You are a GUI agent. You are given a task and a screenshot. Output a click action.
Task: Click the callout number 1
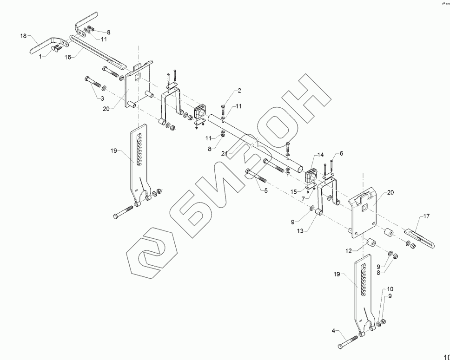[x=40, y=56]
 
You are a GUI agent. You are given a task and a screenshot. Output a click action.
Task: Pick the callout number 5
[x=265, y=190]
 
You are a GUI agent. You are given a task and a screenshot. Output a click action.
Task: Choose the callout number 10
[x=390, y=288]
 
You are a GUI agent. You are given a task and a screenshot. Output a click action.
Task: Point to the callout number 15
[x=294, y=191]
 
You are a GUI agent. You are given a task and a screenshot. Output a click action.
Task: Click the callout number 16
[x=68, y=57]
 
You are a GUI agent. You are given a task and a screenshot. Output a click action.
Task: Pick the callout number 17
[x=426, y=216]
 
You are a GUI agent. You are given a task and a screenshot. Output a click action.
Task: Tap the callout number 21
[x=225, y=153]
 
